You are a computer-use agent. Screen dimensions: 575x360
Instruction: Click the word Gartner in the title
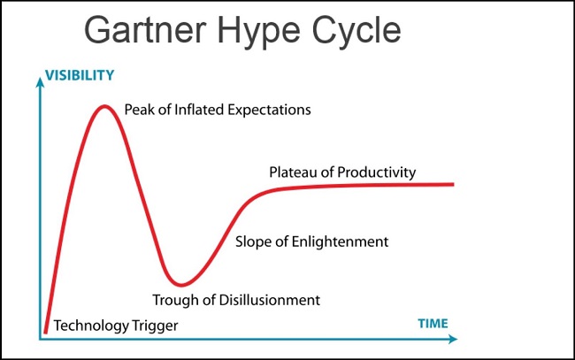pos(145,30)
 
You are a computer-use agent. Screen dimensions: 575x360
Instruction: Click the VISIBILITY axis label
pos(80,75)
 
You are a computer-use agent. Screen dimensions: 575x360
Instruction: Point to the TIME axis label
pos(433,324)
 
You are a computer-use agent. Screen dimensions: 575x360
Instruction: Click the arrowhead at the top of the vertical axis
pos(40,82)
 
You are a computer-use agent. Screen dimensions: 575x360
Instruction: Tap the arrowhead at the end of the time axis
pos(453,339)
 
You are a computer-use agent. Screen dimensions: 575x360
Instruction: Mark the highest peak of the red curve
pos(105,107)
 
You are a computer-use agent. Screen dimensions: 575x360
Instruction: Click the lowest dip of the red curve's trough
pos(180,284)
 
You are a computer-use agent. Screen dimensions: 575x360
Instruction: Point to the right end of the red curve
pos(453,184)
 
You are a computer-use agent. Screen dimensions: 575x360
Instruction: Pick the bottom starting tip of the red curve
pos(45,333)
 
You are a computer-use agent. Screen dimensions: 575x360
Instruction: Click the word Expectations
pos(269,111)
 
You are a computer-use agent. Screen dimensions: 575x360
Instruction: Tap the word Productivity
pos(377,172)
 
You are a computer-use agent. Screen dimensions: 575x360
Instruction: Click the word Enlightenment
pos(340,242)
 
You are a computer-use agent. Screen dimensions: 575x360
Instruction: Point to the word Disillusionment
pos(270,300)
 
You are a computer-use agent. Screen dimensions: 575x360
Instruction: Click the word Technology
pos(91,326)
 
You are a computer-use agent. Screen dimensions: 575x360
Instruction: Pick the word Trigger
pos(155,326)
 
